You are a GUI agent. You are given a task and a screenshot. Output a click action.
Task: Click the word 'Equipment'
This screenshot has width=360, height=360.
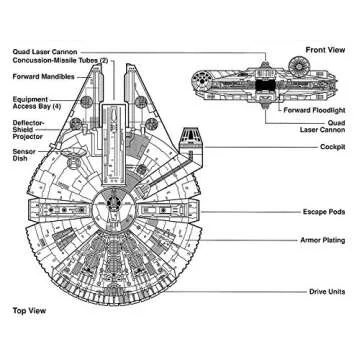pos(30,97)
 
